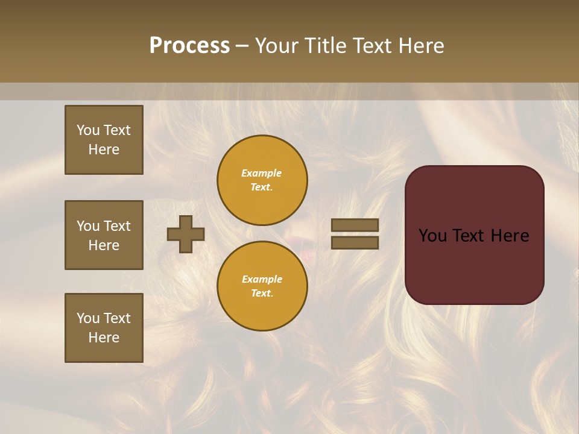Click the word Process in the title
click(189, 46)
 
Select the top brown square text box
click(104, 140)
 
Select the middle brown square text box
click(104, 235)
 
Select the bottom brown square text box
click(104, 328)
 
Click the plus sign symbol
click(186, 234)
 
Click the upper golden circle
click(262, 180)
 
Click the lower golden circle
click(262, 286)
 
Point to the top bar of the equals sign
click(355, 225)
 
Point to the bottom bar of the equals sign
click(355, 242)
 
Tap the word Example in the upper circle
click(262, 173)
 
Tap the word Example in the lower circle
click(262, 279)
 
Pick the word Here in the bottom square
click(104, 338)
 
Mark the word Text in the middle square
click(117, 226)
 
